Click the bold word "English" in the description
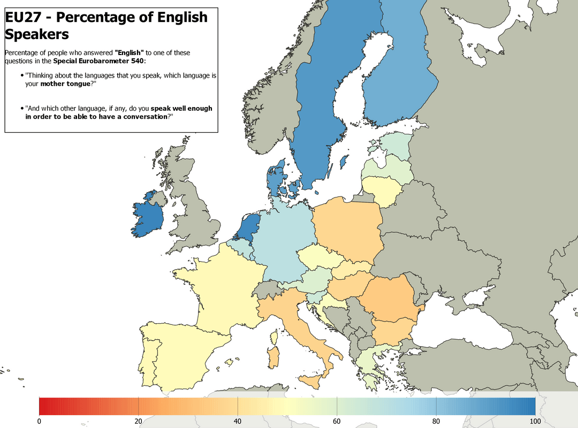pyautogui.click(x=130, y=52)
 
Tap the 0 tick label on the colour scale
pyautogui.click(x=39, y=422)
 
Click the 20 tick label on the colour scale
pyautogui.click(x=138, y=422)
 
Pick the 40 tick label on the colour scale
pyautogui.click(x=238, y=422)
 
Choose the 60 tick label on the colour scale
pyautogui.click(x=337, y=422)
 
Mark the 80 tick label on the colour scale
pyautogui.click(x=436, y=422)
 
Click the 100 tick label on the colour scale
pyautogui.click(x=535, y=422)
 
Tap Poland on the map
pyautogui.click(x=348, y=227)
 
